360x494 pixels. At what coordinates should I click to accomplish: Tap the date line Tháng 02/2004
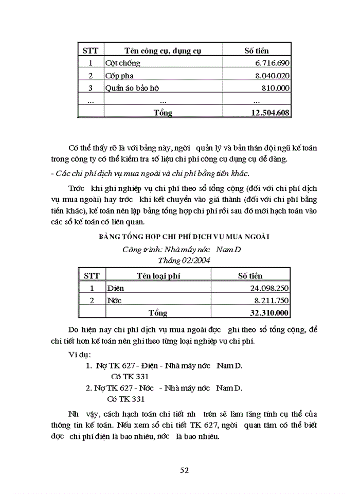click(184, 260)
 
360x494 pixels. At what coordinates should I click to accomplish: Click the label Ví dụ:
click(80, 355)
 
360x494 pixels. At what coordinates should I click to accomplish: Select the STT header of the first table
click(91, 51)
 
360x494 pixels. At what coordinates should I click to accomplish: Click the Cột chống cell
click(122, 63)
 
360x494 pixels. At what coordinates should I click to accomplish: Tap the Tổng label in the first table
click(163, 113)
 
